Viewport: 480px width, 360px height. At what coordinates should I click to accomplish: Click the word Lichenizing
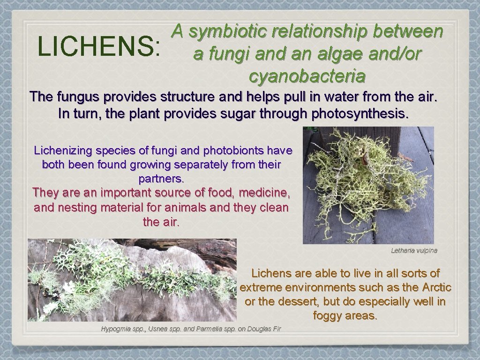63,151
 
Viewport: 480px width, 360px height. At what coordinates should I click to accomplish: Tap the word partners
161,179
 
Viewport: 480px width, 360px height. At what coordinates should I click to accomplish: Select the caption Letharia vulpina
414,250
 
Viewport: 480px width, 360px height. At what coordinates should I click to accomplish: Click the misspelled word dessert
295,301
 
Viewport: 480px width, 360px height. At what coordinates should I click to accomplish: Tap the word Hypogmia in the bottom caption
115,329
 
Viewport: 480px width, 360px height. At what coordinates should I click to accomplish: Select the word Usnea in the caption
158,329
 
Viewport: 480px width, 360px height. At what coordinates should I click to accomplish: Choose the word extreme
260,287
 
